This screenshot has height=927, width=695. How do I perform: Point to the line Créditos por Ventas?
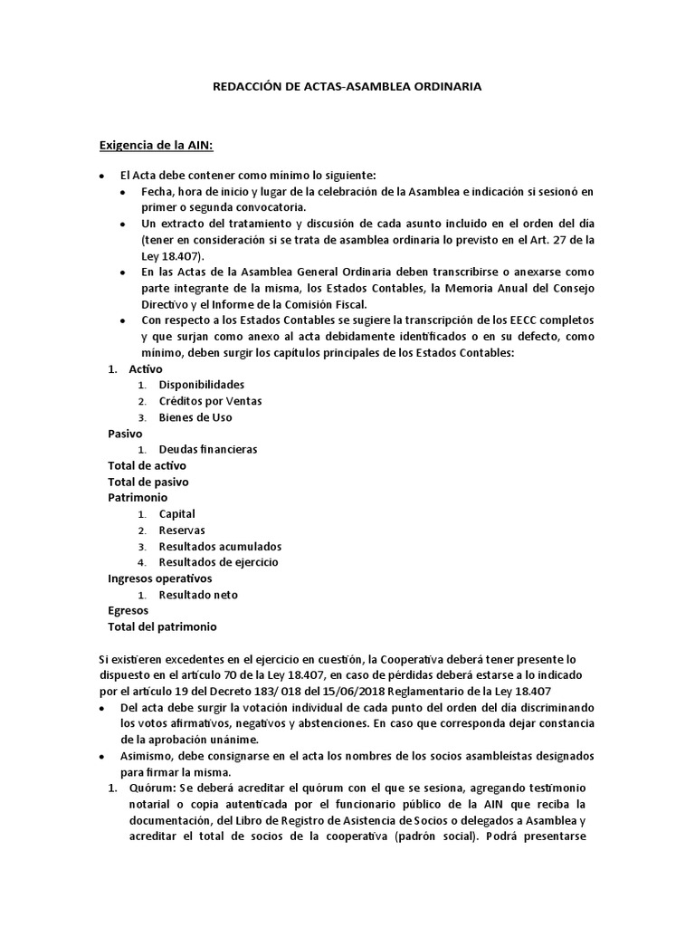pyautogui.click(x=210, y=401)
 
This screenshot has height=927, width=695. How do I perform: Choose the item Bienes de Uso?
pyautogui.click(x=195, y=417)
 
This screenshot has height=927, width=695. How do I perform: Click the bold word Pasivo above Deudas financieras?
pyautogui.click(x=125, y=434)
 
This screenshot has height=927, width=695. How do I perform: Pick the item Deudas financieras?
pyautogui.click(x=207, y=449)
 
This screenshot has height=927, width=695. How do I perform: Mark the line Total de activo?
pyautogui.click(x=147, y=465)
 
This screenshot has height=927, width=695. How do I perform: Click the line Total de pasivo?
pyautogui.click(x=148, y=482)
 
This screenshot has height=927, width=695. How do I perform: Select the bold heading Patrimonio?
pyautogui.click(x=137, y=498)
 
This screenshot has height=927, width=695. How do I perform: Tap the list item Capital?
pyautogui.click(x=176, y=514)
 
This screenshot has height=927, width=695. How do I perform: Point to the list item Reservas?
pyautogui.click(x=181, y=530)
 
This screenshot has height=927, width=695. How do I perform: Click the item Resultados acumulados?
pyautogui.click(x=220, y=547)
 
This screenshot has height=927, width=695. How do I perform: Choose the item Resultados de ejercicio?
pyautogui.click(x=218, y=562)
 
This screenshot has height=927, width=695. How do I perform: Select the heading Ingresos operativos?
pyautogui.click(x=159, y=578)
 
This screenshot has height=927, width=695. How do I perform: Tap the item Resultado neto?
pyautogui.click(x=198, y=595)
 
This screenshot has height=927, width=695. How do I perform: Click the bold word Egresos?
pyautogui.click(x=128, y=611)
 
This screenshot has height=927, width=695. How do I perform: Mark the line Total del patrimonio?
pyautogui.click(x=162, y=626)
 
